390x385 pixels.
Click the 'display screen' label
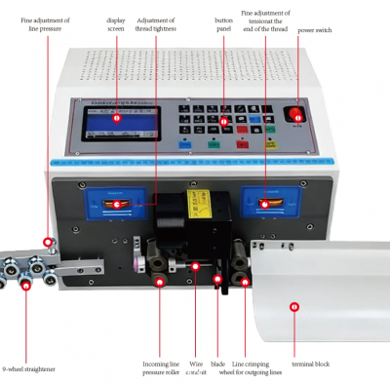pyautogui.click(x=116, y=24)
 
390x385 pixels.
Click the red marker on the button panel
pyautogui.click(x=223, y=122)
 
